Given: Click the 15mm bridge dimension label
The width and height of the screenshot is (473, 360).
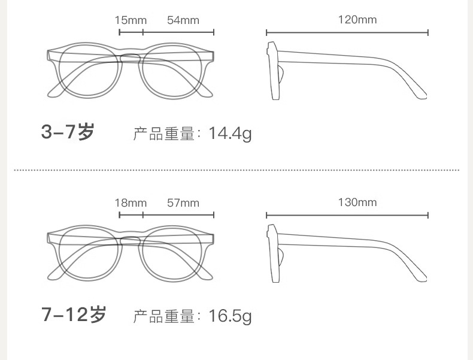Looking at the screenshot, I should click(131, 20).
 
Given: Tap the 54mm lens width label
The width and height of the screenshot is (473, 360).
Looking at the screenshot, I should click(183, 20).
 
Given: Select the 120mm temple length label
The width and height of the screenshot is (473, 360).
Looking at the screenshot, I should click(357, 20).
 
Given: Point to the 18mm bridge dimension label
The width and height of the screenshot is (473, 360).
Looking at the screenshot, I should click(131, 202).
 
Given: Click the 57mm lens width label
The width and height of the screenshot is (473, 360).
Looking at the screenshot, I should click(183, 202).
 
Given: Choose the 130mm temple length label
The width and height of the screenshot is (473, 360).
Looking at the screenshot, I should click(357, 202).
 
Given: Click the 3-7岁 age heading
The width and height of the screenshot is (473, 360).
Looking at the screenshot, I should click(68, 132).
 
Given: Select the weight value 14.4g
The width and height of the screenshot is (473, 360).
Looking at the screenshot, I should click(230, 133).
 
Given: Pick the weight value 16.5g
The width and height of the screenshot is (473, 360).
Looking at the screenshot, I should click(230, 315).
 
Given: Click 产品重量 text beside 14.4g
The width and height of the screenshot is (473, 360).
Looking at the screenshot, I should click(165, 134).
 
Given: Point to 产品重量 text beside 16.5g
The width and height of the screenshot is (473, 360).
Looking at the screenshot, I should click(165, 316).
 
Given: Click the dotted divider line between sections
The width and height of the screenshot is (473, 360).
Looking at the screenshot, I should click(236, 170).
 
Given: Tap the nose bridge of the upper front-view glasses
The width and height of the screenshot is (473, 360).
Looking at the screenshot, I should click(130, 57).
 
